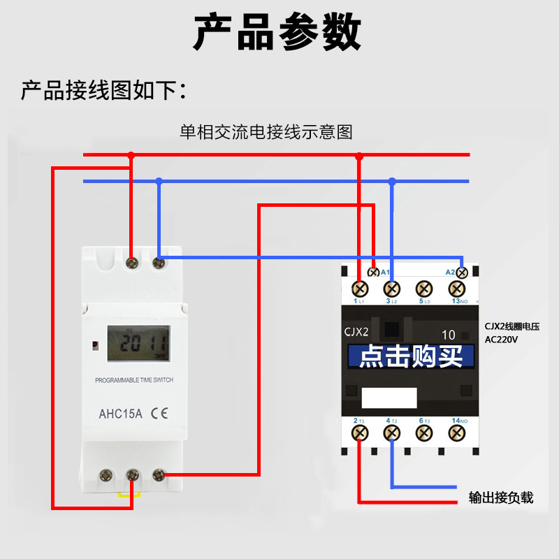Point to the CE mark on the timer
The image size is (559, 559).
coord(159,413)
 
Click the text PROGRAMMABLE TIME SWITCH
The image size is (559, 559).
coord(134,380)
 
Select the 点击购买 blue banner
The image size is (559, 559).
coord(411,356)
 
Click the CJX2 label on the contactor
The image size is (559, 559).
coord(356,332)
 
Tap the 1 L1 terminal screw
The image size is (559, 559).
coord(360,288)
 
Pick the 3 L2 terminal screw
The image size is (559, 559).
coord(392,288)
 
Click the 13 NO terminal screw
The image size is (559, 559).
coord(456,288)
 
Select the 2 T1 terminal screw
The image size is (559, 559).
coord(360,433)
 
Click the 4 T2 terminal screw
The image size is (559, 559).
coord(392,433)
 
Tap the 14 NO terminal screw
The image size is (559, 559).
coord(456,433)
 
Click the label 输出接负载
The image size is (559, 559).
coord(501,498)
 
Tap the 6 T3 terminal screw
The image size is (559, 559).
coord(424,433)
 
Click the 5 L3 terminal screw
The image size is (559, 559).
coord(424,288)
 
